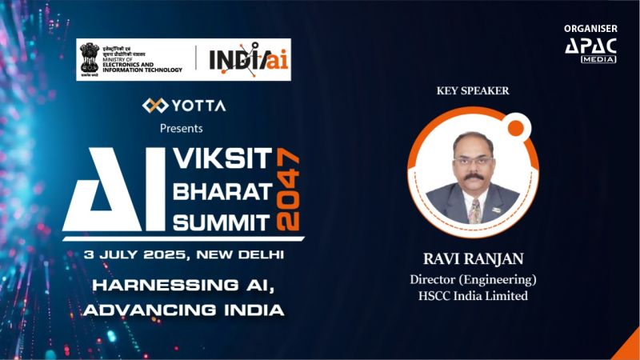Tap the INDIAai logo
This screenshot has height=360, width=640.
243,58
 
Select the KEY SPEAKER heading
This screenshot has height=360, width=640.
473,90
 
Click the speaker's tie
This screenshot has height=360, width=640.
474,210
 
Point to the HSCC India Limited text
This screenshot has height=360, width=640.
473,296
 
